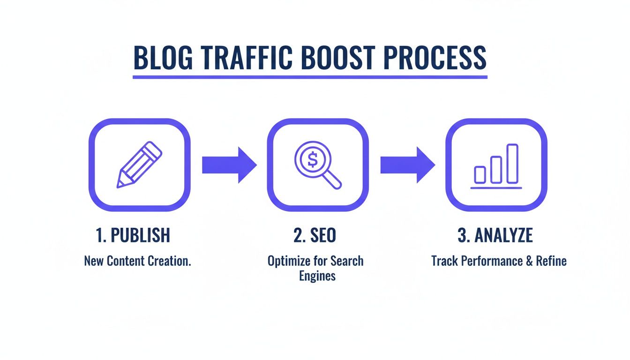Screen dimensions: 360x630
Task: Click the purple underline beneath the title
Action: click(310, 76)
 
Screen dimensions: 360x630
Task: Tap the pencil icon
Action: click(139, 165)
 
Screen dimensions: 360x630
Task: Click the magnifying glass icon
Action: click(317, 165)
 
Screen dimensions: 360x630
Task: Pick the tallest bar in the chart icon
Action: click(512, 164)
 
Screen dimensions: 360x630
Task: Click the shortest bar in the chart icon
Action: click(480, 174)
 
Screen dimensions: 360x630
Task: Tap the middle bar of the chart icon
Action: click(496, 169)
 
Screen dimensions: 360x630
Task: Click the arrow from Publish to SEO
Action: click(229, 165)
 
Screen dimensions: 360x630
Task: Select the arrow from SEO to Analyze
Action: click(407, 165)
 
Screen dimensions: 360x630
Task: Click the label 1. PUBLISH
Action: click(133, 236)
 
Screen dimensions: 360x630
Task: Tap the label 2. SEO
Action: click(315, 236)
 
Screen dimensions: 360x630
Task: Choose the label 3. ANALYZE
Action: click(495, 236)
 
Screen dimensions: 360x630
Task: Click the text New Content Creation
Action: click(137, 261)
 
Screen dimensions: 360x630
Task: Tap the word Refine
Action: click(551, 261)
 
